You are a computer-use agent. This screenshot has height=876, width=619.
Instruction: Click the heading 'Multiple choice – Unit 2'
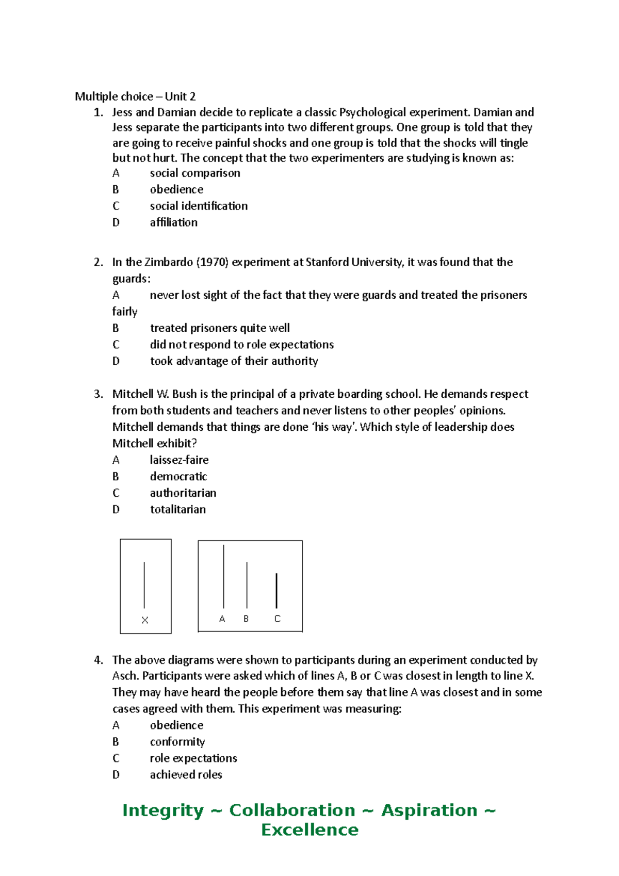coord(135,96)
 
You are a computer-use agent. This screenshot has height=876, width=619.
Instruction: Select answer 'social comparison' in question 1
coord(194,173)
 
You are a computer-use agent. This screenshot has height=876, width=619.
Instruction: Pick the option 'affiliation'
coord(173,222)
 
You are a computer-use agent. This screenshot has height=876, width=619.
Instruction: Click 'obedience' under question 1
coord(176,189)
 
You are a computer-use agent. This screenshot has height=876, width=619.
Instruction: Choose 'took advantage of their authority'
coord(234,361)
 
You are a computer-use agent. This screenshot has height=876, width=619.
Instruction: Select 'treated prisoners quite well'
coord(220,328)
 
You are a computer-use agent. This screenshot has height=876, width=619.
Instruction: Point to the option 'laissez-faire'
coord(179,460)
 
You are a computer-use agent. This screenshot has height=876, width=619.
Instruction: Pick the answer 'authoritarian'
coord(183,493)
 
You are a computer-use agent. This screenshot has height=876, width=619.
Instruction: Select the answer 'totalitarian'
coord(177,509)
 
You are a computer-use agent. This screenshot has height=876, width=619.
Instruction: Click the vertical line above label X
coord(144,585)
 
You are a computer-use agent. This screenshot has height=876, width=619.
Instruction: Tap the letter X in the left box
coord(145,620)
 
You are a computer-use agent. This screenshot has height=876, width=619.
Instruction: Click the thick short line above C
coord(277,591)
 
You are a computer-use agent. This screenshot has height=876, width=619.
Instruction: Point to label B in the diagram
coord(246,619)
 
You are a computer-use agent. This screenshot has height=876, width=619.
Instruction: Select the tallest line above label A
coord(223,576)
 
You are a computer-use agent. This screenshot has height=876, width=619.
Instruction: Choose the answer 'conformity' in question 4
coord(177,742)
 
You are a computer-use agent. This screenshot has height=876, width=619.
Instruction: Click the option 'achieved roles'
coord(186,775)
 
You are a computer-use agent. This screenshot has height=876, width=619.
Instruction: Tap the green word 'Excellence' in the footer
coord(309,830)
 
